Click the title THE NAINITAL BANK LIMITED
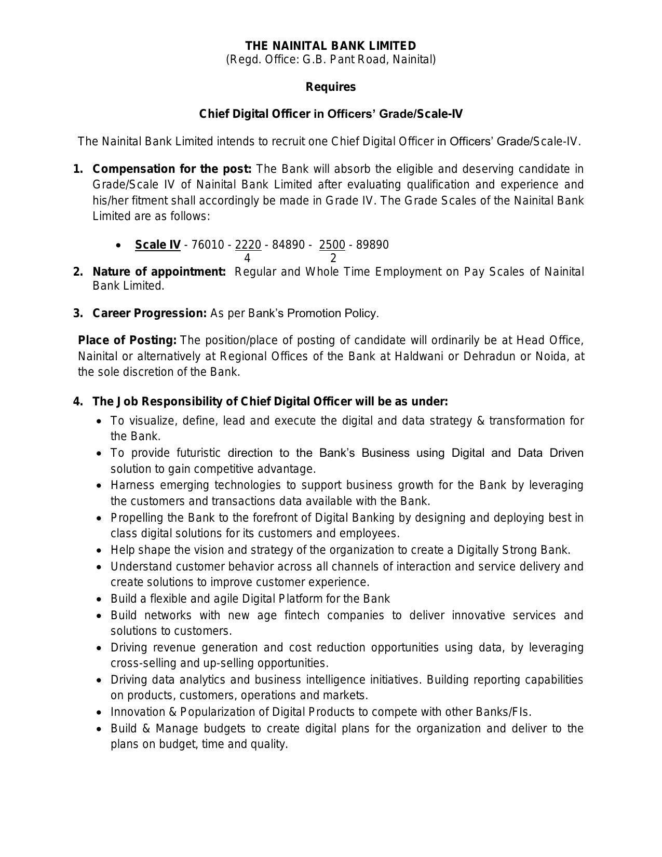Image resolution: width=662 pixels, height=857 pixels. [331, 46]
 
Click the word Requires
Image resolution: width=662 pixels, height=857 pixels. [331, 87]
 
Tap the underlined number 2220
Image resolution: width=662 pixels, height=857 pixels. [248, 244]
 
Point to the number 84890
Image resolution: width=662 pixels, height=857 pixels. [288, 244]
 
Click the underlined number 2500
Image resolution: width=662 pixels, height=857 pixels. [332, 244]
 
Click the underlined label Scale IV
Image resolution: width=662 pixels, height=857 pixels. [158, 244]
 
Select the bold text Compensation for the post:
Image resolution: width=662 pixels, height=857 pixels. [172, 169]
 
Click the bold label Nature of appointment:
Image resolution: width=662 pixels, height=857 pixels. [159, 271]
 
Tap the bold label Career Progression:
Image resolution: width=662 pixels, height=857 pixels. [150, 313]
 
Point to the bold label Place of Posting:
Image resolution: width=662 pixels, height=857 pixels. [127, 340]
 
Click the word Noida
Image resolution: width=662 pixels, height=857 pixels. [550, 356]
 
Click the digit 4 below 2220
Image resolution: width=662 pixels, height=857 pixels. [247, 258]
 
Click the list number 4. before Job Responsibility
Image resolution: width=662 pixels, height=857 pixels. [78, 402]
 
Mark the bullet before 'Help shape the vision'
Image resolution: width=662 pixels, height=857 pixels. [100, 551]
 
